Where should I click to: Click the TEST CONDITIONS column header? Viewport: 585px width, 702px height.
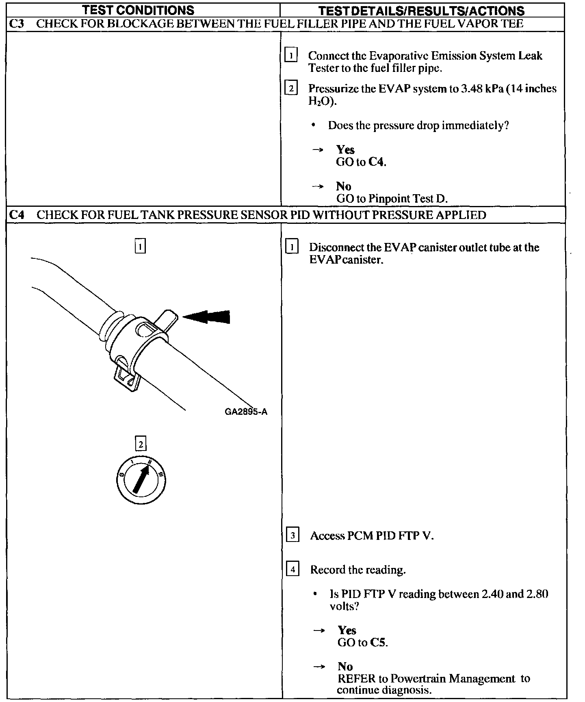(138, 10)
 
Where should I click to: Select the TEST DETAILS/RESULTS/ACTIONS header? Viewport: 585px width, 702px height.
(421, 11)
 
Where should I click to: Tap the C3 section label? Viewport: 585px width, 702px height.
(16, 24)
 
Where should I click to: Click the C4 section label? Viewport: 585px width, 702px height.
(16, 214)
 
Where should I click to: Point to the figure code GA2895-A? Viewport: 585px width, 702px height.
(246, 412)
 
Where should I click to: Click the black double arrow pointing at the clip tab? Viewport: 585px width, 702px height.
(207, 317)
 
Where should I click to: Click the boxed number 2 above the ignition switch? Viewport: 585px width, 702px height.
(141, 444)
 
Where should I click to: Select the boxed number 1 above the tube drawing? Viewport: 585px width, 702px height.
(140, 246)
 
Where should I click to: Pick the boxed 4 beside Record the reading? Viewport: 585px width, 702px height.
(292, 569)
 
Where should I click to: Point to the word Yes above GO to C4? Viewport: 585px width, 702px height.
(345, 149)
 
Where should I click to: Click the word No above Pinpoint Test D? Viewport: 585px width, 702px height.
(344, 186)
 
